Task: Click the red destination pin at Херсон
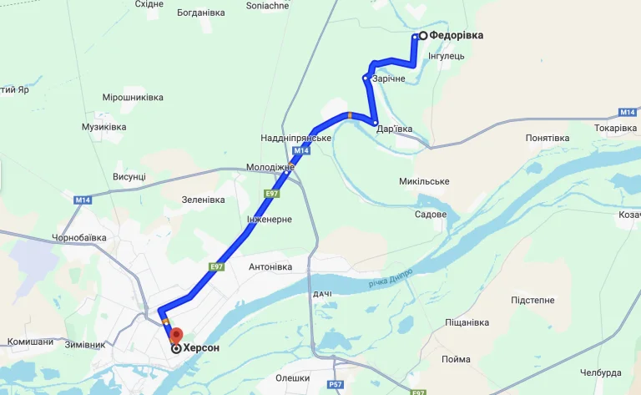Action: point(175,336)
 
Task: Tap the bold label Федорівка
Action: point(457,36)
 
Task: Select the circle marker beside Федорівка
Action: point(423,36)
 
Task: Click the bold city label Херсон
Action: point(201,348)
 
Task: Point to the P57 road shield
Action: point(336,384)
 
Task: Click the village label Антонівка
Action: point(270,267)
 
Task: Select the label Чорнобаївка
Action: point(79,238)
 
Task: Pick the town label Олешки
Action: point(293,378)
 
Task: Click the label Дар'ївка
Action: point(394,129)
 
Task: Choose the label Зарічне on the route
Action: point(388,78)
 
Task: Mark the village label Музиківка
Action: point(104,127)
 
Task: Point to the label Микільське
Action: point(424,181)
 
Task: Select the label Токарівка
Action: point(615,128)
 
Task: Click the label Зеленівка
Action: point(204,200)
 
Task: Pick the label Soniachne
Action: point(268,5)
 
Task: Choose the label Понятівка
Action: point(548,138)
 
